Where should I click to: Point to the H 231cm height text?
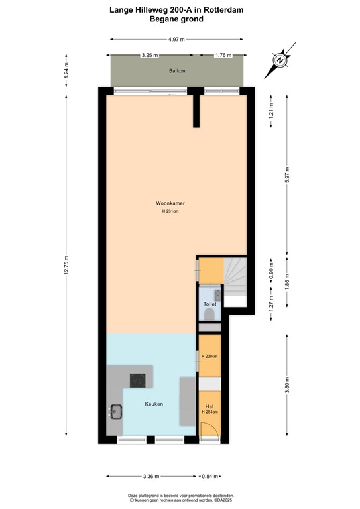pyautogui.click(x=170, y=211)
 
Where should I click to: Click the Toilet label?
pyautogui.click(x=210, y=304)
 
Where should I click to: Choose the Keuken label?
pyautogui.click(x=154, y=404)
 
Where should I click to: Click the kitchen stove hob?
pyautogui.click(x=139, y=380)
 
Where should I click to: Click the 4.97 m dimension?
pyautogui.click(x=176, y=40)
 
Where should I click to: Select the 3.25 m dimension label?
pyautogui.click(x=149, y=55)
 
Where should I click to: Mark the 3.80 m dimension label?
pyautogui.click(x=286, y=384)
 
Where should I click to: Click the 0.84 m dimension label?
pyautogui.click(x=211, y=476)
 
